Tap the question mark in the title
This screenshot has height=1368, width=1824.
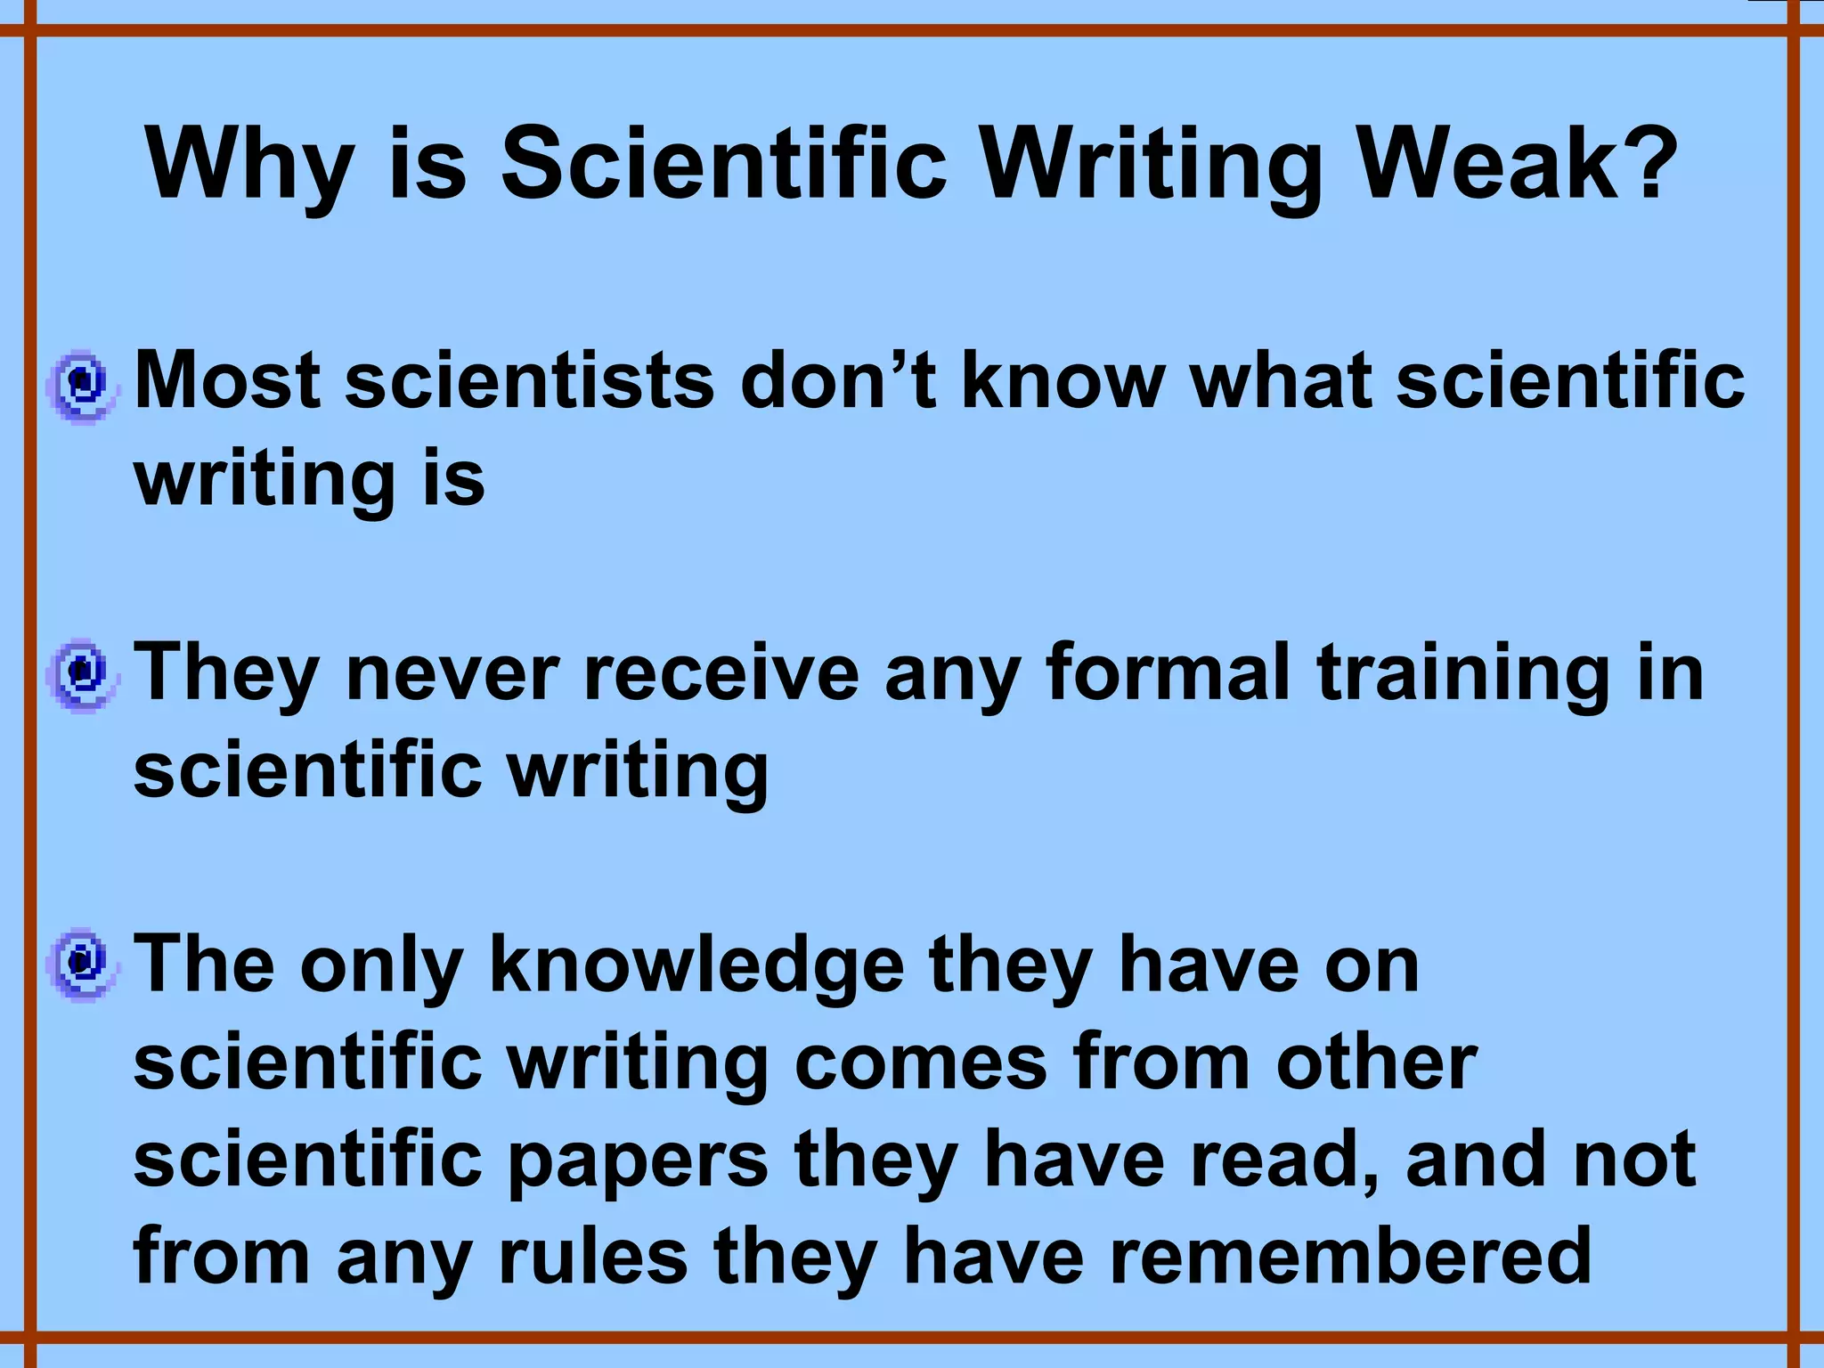1648,165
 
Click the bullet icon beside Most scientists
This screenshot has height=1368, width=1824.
82,385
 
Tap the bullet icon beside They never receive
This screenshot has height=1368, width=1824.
82,674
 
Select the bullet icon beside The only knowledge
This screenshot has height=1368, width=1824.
82,964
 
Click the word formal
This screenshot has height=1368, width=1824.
1168,672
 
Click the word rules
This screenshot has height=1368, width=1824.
593,1257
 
